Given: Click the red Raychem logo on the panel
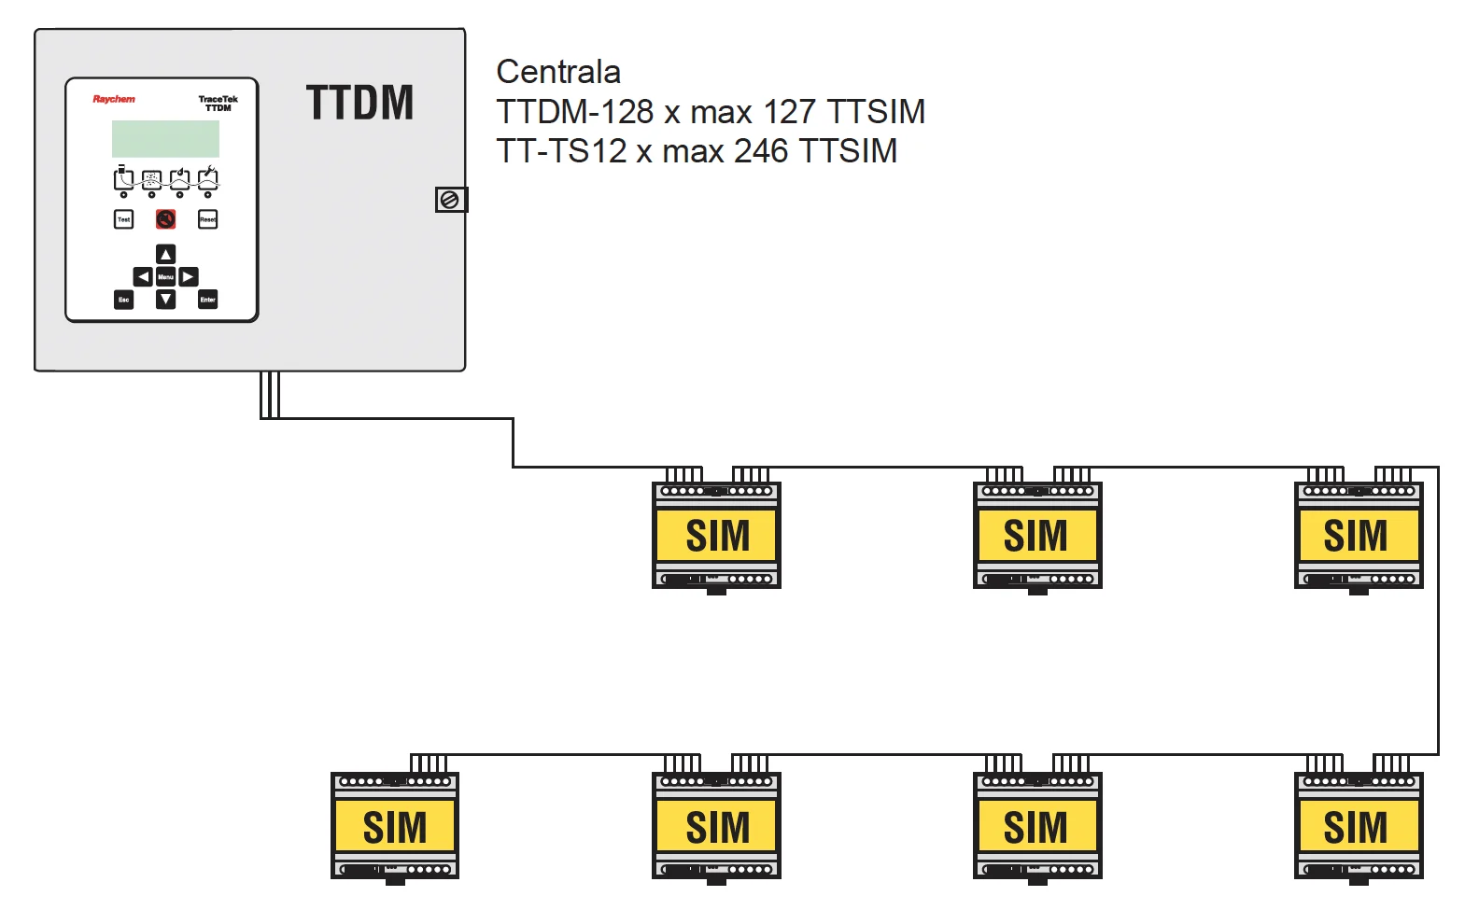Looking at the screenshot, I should pos(113,99).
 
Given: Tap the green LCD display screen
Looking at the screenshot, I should pos(165,139).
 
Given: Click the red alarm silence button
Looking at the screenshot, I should pos(165,219).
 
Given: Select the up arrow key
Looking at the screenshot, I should pos(165,254).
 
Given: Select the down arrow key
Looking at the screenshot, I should pos(165,300).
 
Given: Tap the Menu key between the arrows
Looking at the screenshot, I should pos(165,277).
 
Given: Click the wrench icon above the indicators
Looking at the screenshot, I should pos(208,176).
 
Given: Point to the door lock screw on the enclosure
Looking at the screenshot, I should pos(449,200).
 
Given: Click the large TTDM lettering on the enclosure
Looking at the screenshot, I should pos(359,103).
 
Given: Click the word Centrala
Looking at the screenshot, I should pos(558,72).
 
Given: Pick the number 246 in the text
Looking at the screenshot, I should pos(761,151).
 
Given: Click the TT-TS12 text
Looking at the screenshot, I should pos(561,151).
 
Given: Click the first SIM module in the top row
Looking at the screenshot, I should pos(716,535).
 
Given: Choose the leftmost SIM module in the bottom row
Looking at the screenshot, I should pos(395,826).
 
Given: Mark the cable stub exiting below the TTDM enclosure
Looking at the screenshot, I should pos(270,394).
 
